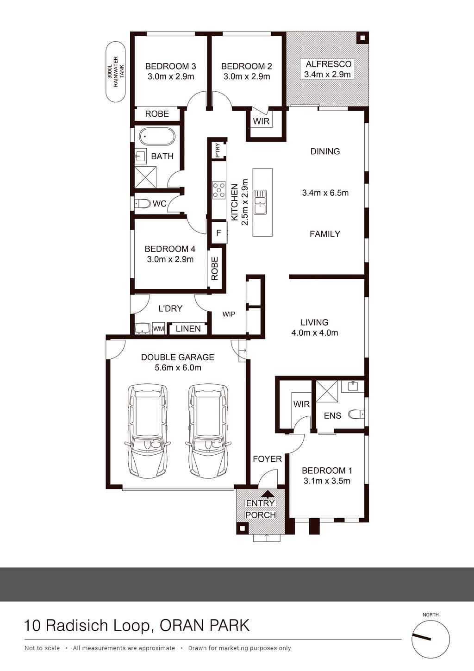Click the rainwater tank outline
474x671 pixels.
[106, 72]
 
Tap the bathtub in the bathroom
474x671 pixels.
[156, 137]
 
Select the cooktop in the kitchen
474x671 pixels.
[219, 190]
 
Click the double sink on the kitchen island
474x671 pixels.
[260, 202]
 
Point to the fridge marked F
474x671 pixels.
[219, 232]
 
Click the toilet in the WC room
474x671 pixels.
[143, 204]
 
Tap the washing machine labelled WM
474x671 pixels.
[158, 329]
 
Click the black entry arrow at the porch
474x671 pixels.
[268, 493]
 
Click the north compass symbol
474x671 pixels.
[430, 639]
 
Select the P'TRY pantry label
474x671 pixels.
[218, 151]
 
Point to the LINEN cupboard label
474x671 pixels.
[188, 329]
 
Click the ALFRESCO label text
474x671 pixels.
[329, 64]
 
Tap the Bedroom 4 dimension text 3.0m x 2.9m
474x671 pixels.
[170, 259]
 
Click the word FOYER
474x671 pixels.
[268, 459]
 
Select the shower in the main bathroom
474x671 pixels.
[145, 178]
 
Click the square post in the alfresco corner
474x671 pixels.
[362, 38]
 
